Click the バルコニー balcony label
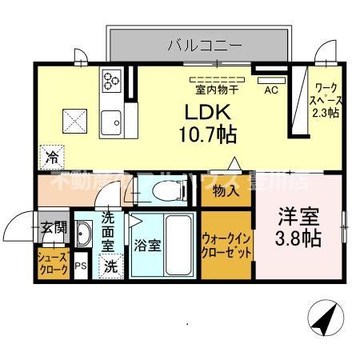(204, 45)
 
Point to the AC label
(271, 90)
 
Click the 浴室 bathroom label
(148, 246)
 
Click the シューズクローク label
(53, 263)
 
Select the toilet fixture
(155, 190)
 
